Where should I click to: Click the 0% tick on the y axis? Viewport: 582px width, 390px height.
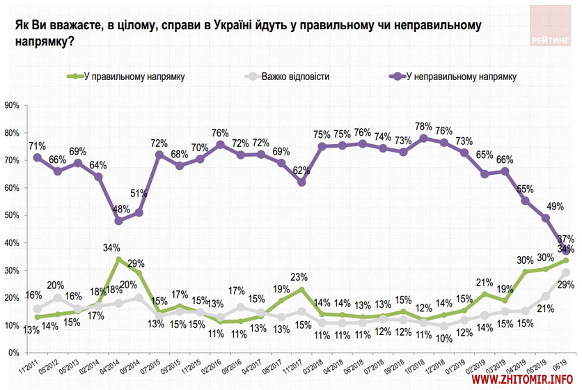click(x=13, y=352)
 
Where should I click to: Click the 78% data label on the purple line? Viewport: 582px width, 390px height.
click(x=423, y=126)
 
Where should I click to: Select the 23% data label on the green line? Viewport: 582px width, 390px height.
click(x=301, y=276)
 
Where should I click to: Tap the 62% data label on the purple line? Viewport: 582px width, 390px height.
click(x=301, y=170)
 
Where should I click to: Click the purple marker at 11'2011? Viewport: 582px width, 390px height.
click(x=37, y=157)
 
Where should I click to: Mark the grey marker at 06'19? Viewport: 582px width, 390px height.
click(x=565, y=272)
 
